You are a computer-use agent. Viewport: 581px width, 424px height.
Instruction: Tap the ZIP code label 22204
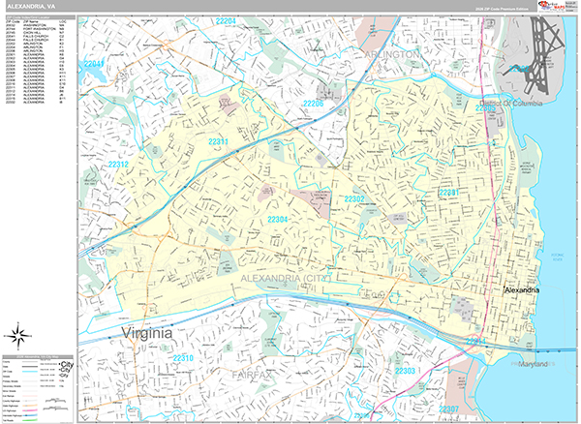click(227, 19)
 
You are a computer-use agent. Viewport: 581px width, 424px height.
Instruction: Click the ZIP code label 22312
click(119, 166)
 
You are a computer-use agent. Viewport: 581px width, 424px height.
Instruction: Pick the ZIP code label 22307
click(449, 409)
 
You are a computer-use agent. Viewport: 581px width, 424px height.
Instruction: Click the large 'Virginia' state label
click(147, 334)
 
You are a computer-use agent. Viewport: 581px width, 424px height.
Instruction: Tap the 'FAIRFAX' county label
click(255, 373)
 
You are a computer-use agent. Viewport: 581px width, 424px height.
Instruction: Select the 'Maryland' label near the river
click(530, 363)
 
